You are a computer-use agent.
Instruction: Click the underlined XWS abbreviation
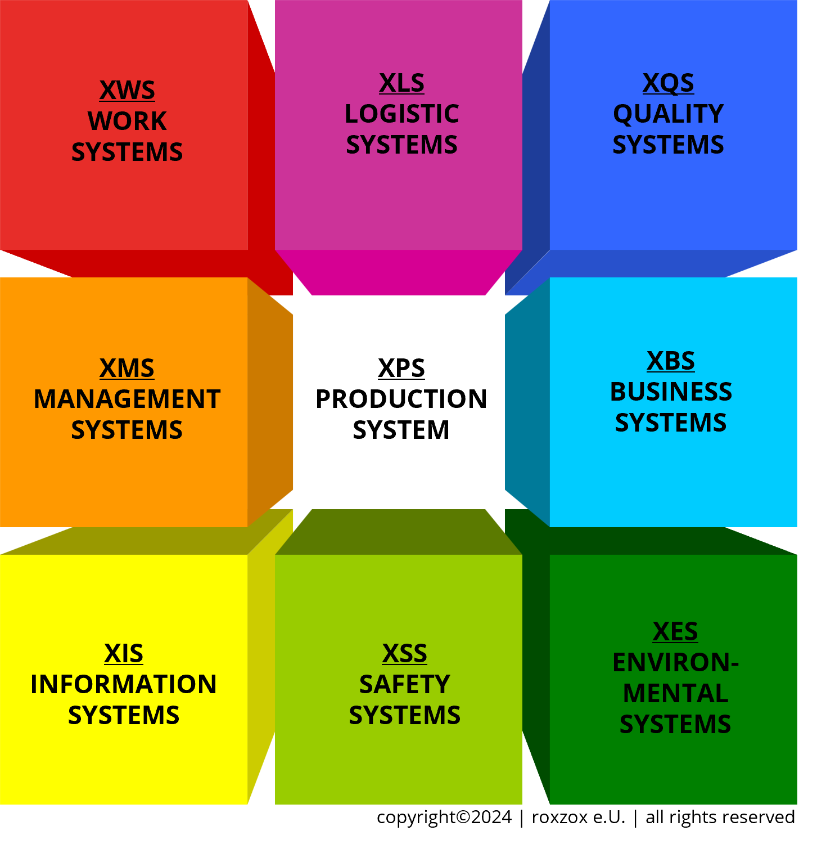pyautogui.click(x=127, y=91)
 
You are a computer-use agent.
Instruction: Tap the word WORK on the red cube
pyautogui.click(x=127, y=122)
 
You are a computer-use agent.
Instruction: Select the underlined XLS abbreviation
pyautogui.click(x=401, y=83)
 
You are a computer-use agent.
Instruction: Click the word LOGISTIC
pyautogui.click(x=401, y=114)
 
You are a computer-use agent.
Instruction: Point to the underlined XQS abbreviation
pyautogui.click(x=668, y=83)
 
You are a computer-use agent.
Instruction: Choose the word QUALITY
pyautogui.click(x=668, y=114)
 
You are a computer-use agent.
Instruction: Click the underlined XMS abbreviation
pyautogui.click(x=127, y=369)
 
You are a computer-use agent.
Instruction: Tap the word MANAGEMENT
pyautogui.click(x=127, y=399)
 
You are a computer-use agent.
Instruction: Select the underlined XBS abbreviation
pyautogui.click(x=671, y=361)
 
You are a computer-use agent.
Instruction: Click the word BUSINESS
pyautogui.click(x=671, y=392)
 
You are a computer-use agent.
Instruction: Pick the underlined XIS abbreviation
pyautogui.click(x=124, y=654)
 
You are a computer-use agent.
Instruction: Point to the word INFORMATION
pyautogui.click(x=124, y=685)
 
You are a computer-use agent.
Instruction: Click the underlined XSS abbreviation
pyautogui.click(x=405, y=654)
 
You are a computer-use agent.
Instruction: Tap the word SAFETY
pyautogui.click(x=405, y=685)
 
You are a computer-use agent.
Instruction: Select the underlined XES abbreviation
pyautogui.click(x=675, y=632)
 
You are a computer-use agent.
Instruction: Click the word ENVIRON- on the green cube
pyautogui.click(x=675, y=663)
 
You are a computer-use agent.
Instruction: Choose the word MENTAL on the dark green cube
pyautogui.click(x=675, y=694)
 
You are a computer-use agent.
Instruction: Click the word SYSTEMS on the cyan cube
pyautogui.click(x=671, y=423)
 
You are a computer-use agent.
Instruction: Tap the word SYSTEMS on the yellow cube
pyautogui.click(x=124, y=716)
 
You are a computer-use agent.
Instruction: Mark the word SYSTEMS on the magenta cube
pyautogui.click(x=401, y=145)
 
